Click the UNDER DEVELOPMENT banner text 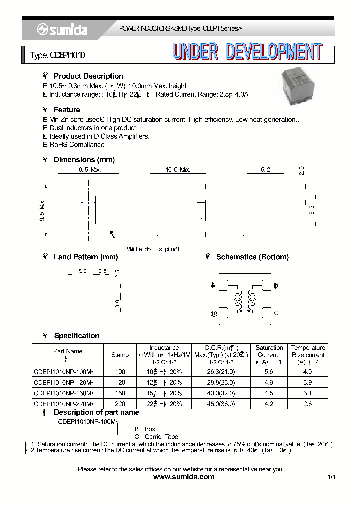pyautogui.click(x=247, y=52)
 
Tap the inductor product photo pyautogui.click(x=296, y=86)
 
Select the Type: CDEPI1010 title pyautogui.click(x=58, y=55)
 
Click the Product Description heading pyautogui.click(x=88, y=76)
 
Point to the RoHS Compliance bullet pyautogui.click(x=76, y=145)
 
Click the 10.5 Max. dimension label pyautogui.click(x=88, y=170)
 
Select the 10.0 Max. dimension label pyautogui.click(x=178, y=170)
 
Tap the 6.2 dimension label pyautogui.click(x=265, y=170)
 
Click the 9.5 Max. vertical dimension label pyautogui.click(x=42, y=210)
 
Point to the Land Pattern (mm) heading pyautogui.click(x=85, y=257)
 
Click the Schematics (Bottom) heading pyautogui.click(x=252, y=257)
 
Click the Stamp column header pyautogui.click(x=120, y=355)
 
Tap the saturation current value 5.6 pyautogui.click(x=269, y=372)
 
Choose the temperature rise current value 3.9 pyautogui.click(x=307, y=382)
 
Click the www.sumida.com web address pyautogui.click(x=184, y=477)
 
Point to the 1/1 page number pyautogui.click(x=331, y=478)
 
